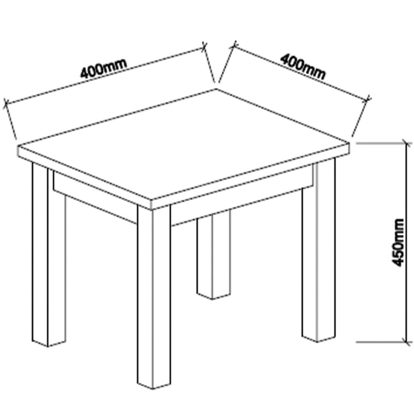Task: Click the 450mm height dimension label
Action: pyautogui.click(x=398, y=242)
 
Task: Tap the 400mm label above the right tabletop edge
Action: pyautogui.click(x=303, y=67)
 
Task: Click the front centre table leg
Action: pyautogui.click(x=154, y=296)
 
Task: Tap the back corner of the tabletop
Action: pyautogui.click(x=217, y=89)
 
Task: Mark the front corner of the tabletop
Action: pyautogui.click(x=151, y=200)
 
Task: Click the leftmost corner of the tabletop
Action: pyautogui.click(x=18, y=146)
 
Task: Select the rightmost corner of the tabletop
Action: pyautogui.click(x=349, y=143)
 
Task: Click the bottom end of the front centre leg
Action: pyautogui.click(x=154, y=389)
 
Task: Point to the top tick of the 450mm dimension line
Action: pyautogui.click(x=407, y=143)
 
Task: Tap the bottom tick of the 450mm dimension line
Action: pyautogui.click(x=407, y=342)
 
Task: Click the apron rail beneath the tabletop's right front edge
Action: pyautogui.click(x=242, y=197)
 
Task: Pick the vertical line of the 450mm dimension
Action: pyautogui.click(x=407, y=242)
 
